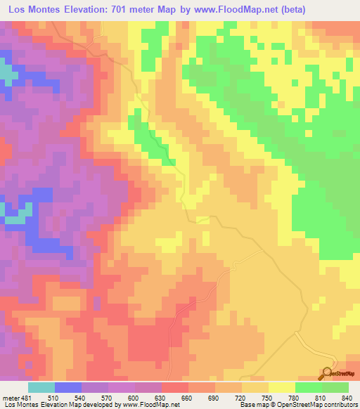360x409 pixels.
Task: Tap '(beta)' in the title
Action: [324, 10]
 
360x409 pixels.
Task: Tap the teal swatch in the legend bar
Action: [41, 388]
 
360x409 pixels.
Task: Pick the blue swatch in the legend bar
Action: [68, 388]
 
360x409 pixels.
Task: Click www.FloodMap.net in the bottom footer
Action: [149, 405]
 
